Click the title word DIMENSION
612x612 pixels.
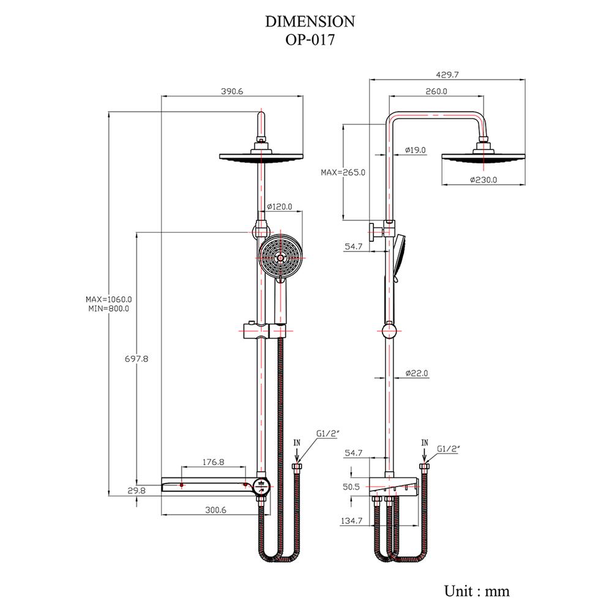point(310,21)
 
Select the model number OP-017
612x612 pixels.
point(310,40)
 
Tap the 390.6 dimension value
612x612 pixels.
point(232,91)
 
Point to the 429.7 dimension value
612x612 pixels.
point(447,75)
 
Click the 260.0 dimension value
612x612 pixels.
point(436,91)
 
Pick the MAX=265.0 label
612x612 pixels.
point(343,173)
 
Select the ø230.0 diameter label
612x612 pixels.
point(483,180)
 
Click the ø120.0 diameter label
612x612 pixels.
point(280,206)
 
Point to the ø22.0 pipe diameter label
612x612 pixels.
point(417,373)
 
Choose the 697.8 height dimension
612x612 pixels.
point(136,359)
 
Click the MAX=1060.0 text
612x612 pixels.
point(109,299)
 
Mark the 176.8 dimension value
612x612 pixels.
point(213,462)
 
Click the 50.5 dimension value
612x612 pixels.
point(351,487)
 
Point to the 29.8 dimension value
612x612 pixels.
point(136,490)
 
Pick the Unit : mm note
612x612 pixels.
point(477,591)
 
